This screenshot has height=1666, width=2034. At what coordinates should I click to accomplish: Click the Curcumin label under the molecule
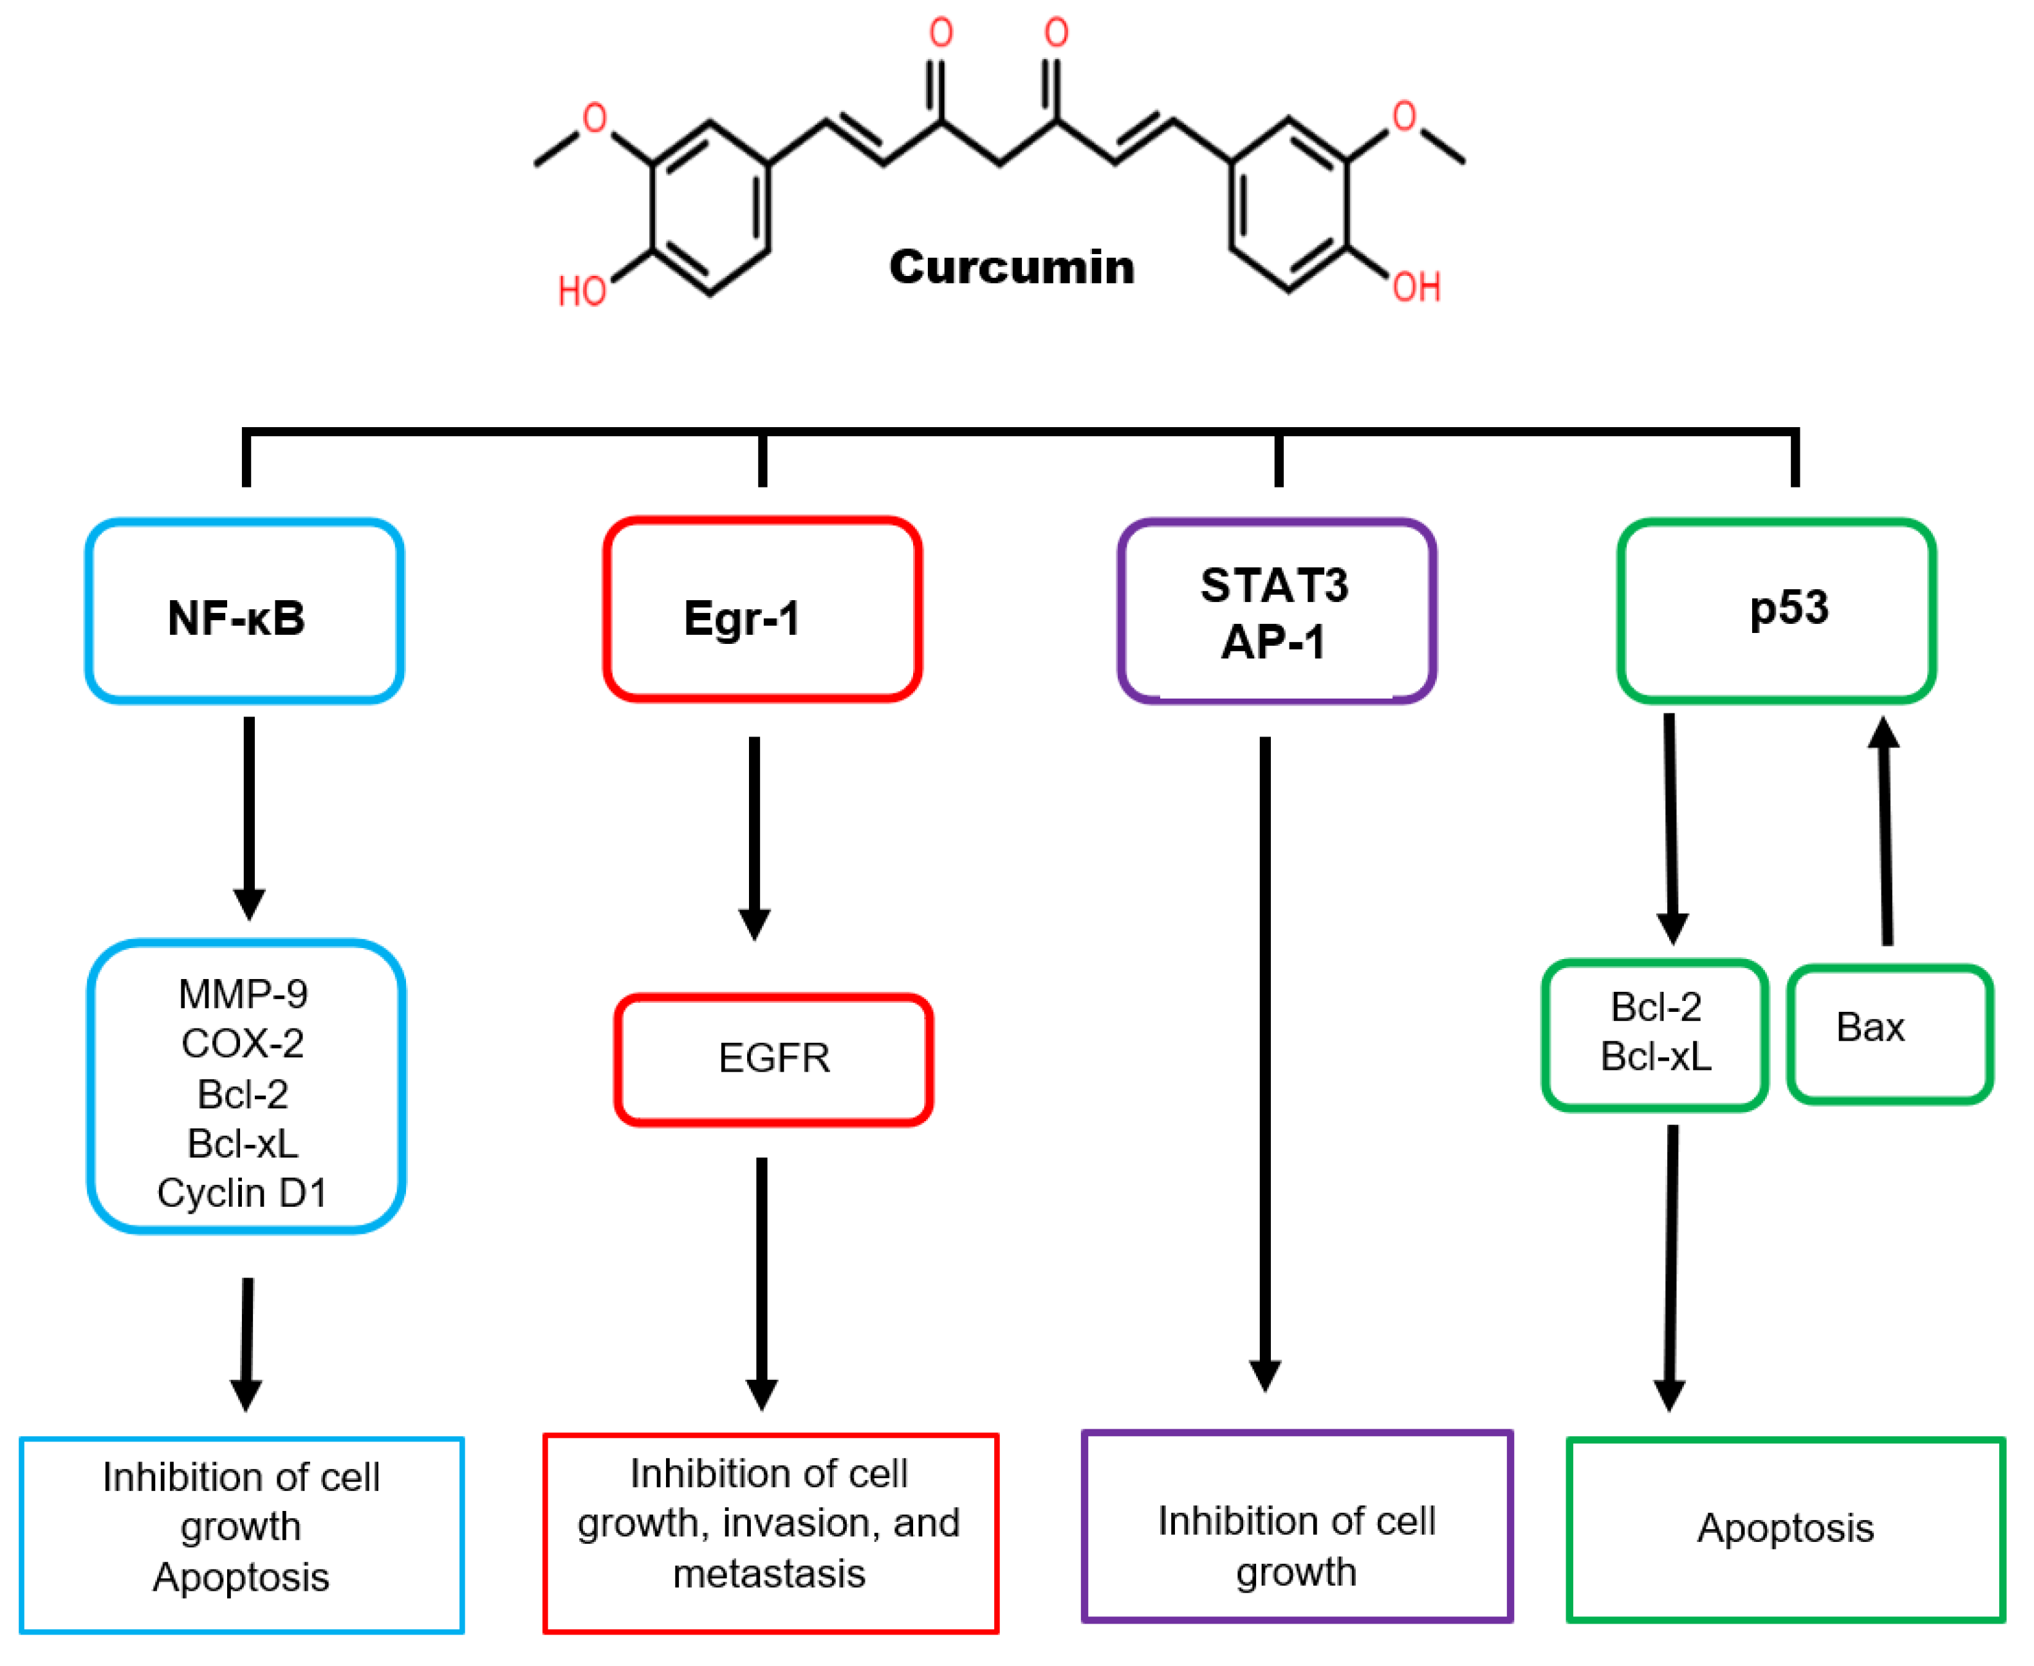[x=1011, y=267]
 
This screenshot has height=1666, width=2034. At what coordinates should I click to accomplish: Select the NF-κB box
[x=244, y=611]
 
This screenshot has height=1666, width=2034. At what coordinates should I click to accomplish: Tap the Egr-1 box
[x=762, y=610]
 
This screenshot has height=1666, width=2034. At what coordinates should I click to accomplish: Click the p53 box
[x=1776, y=610]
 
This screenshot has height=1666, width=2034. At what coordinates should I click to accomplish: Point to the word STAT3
[x=1274, y=585]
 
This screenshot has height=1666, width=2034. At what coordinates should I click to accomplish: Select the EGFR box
[x=773, y=1059]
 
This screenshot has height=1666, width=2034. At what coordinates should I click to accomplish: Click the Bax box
[x=1889, y=1034]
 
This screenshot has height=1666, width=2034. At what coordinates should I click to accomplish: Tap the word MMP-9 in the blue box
[x=243, y=994]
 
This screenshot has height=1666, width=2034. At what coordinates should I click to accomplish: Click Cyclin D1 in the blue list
[x=242, y=1193]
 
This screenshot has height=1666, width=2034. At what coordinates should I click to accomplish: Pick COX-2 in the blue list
[x=243, y=1043]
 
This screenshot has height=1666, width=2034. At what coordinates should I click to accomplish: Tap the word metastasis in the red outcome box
[x=769, y=1574]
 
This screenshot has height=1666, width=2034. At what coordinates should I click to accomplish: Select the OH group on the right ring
[x=1417, y=286]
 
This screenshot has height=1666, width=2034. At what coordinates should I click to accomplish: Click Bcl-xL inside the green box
[x=1656, y=1057]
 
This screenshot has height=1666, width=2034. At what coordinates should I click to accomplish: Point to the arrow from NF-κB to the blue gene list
[x=250, y=816]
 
